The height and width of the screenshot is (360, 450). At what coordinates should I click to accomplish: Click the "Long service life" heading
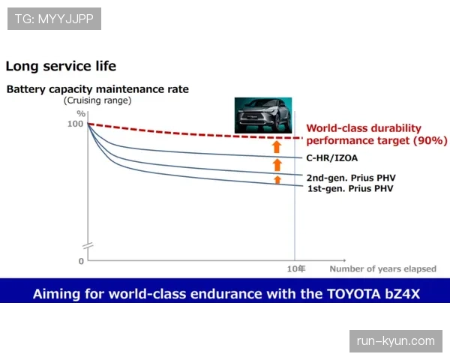61,66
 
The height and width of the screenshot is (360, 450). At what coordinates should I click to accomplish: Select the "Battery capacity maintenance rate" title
97,89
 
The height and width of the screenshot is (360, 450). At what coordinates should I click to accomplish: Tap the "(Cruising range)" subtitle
97,100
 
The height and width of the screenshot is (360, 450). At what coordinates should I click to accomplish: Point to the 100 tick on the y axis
75,124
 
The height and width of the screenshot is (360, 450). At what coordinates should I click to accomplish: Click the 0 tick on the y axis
81,261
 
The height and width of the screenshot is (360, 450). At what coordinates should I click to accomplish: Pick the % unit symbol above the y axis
81,114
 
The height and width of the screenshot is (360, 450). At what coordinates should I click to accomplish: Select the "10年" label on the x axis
296,269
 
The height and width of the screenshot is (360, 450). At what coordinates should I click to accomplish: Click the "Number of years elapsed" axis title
382,269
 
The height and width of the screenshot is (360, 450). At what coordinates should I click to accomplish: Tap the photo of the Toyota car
263,115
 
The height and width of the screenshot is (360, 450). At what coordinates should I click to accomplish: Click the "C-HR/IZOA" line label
332,158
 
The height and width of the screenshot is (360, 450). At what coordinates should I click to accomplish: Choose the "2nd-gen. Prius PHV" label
351,178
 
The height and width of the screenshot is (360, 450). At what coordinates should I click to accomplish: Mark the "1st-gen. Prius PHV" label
350,188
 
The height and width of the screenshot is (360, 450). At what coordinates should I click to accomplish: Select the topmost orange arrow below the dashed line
277,147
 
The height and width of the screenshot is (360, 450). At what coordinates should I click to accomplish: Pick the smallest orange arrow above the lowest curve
277,180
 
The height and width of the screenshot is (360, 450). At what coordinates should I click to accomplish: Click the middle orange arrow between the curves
277,165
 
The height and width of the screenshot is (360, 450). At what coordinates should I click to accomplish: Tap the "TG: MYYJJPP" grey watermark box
54,19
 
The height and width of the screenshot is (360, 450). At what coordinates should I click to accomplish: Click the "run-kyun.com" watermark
396,341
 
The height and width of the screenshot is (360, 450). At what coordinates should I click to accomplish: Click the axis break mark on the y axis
88,246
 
